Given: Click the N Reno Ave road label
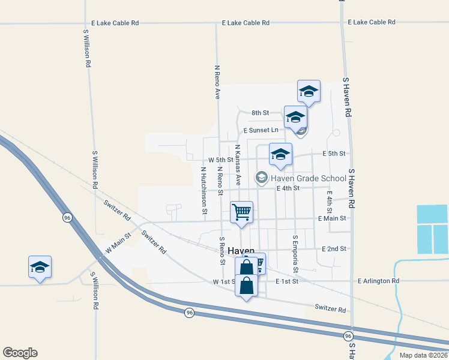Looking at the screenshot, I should click(x=217, y=82).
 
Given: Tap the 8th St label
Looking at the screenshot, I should click(x=260, y=113).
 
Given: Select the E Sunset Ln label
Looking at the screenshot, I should click(x=261, y=130).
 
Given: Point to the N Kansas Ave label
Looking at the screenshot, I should click(x=238, y=164).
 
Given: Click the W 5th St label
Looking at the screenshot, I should click(x=220, y=160).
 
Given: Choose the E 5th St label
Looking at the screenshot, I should click(x=334, y=154).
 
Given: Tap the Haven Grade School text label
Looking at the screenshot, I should click(x=308, y=178).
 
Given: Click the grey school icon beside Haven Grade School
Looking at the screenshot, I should click(x=261, y=178).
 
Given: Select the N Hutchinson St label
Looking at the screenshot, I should click(x=203, y=190).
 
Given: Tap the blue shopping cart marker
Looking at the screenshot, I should click(x=241, y=212).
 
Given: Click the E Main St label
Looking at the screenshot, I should click(x=332, y=218).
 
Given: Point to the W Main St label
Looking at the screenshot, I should click(x=118, y=243).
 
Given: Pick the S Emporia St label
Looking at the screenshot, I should click(x=295, y=253).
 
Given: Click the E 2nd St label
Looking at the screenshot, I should click(x=334, y=248).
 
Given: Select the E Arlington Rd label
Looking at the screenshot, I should click(x=378, y=281).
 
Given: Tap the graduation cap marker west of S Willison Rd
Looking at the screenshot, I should click(x=40, y=267).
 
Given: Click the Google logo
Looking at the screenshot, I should click(x=20, y=353).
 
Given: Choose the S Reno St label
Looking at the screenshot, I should click(x=222, y=251).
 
